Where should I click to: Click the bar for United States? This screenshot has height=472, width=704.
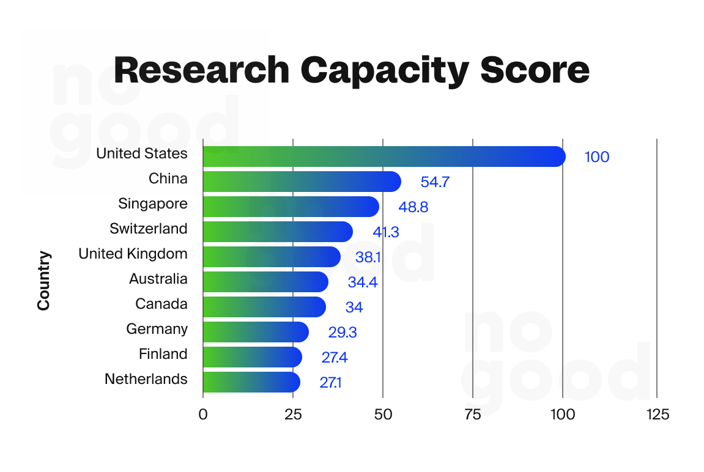383,157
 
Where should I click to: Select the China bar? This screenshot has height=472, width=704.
302,182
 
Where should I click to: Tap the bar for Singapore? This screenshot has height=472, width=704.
291,207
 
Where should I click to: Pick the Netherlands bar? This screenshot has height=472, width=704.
251,382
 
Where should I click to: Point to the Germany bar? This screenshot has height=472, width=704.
255,332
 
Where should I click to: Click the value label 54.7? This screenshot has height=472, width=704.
435,182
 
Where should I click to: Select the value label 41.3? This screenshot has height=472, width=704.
387,232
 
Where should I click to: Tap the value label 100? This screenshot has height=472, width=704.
597,157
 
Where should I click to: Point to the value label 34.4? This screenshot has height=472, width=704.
362,282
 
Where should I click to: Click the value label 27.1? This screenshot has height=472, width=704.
330,383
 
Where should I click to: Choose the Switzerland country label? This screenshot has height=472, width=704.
149,229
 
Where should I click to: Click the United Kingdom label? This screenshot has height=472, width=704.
133,254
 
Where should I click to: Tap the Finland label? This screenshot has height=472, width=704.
163,354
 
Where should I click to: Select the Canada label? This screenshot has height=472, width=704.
161,304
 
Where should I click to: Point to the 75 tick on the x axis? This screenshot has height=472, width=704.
473,415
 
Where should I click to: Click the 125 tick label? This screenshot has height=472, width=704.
657,415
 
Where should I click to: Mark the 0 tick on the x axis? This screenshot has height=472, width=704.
203,415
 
